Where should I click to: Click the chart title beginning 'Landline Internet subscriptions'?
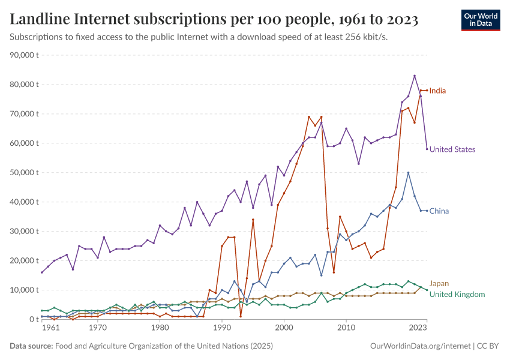click(214, 20)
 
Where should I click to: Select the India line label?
click(437, 91)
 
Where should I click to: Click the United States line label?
click(452, 149)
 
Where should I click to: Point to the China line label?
click(439, 211)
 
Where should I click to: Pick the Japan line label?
click(439, 283)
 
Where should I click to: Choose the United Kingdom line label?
click(457, 294)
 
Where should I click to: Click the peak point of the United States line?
click(414, 76)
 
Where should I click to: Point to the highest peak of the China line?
click(408, 173)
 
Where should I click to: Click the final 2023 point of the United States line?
click(427, 149)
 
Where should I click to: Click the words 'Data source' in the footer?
click(31, 346)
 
